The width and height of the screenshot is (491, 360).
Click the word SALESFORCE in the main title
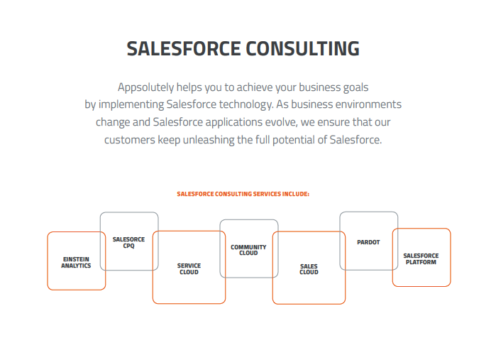pyautogui.click(x=182, y=49)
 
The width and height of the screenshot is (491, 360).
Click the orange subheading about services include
pyautogui.click(x=243, y=193)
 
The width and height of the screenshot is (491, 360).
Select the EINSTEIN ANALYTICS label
pyautogui.click(x=76, y=263)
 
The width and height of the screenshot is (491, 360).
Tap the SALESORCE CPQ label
pyautogui.click(x=128, y=243)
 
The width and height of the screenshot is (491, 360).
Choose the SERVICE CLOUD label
pyautogui.click(x=189, y=268)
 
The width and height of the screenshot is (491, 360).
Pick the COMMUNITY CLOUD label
pyautogui.click(x=248, y=250)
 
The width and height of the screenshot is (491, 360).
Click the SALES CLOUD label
pyautogui.click(x=309, y=269)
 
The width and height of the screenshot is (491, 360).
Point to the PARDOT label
pyautogui.click(x=368, y=242)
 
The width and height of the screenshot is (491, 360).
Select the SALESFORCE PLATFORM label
pyautogui.click(x=421, y=258)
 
